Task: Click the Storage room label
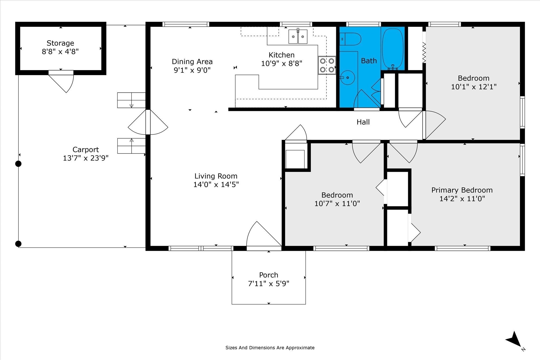click(60, 43)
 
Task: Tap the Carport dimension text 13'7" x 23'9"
click(86, 158)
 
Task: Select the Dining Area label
click(192, 62)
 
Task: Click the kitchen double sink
click(298, 37)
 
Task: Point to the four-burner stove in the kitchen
click(327, 65)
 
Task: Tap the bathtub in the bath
click(393, 49)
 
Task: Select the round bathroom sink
click(348, 77)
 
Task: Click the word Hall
click(363, 122)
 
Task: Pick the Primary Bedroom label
click(462, 190)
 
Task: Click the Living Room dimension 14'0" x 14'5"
click(216, 184)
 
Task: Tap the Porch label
click(269, 275)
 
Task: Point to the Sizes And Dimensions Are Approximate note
click(270, 348)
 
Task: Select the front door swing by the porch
click(264, 234)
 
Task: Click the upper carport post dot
click(18, 164)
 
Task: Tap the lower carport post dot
click(18, 244)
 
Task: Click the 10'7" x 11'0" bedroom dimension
click(337, 203)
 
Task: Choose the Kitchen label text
click(282, 55)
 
